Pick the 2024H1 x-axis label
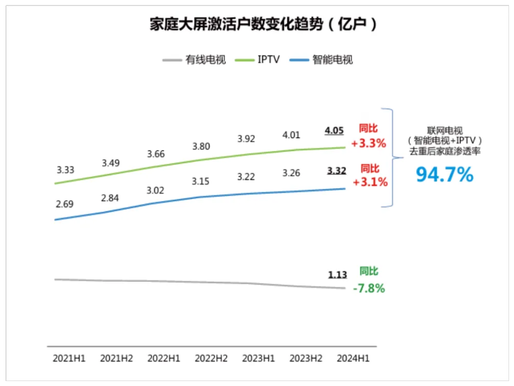point(353,358)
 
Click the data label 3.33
point(65,170)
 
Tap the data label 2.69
point(65,204)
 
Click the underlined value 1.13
point(338,275)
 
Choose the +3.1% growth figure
point(370,182)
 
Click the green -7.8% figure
point(369,288)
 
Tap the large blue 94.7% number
point(444,175)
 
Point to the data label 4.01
point(291,135)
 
